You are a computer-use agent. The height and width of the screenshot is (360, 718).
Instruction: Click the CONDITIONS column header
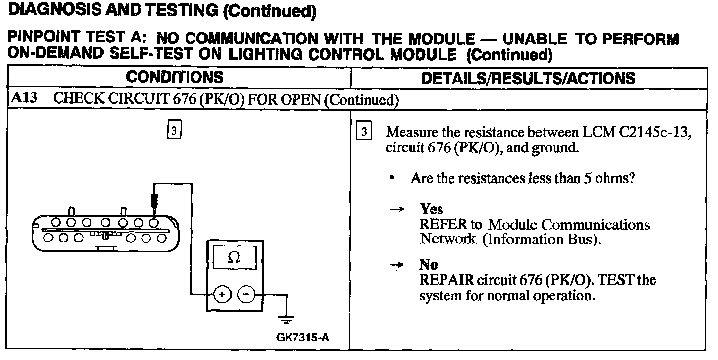coord(175,78)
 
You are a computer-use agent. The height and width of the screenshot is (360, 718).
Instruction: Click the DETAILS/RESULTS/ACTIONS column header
coord(529,78)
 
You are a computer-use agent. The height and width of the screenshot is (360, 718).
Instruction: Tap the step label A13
coord(23,98)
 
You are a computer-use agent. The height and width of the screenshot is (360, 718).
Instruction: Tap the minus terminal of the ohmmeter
coord(246,294)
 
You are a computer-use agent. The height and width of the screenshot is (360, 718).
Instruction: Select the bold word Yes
coord(431,209)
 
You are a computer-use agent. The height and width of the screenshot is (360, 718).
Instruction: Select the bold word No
coord(428,265)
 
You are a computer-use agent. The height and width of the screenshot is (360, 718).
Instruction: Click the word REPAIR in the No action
coord(442,280)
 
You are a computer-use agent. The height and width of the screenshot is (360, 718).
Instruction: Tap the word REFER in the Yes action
coord(440,224)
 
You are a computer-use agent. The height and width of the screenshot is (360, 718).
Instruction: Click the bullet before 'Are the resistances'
coord(391,179)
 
